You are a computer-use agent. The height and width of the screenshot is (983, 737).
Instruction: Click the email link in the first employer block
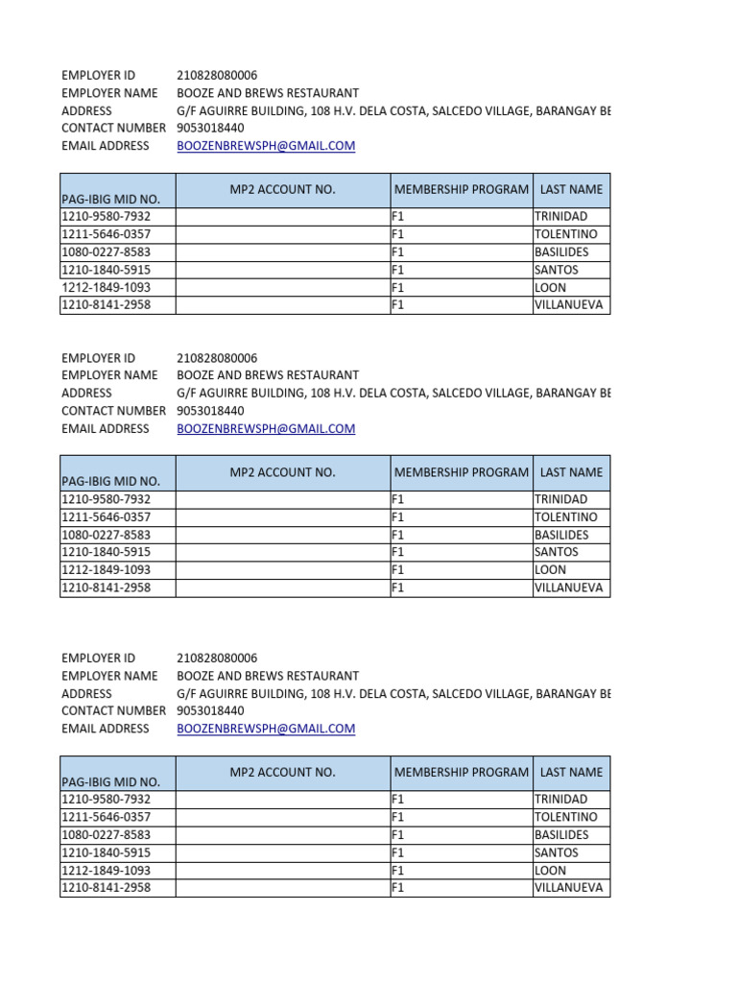[266, 146]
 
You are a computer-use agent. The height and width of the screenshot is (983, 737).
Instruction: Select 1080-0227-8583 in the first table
[107, 252]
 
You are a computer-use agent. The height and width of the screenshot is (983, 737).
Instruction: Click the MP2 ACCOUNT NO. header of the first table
[283, 190]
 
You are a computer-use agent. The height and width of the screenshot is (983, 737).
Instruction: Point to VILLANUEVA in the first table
[569, 305]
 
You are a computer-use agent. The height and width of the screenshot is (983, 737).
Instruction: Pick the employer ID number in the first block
[217, 76]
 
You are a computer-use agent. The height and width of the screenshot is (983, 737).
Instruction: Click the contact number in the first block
[210, 129]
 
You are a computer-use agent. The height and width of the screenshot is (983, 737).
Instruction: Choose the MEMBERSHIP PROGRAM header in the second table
[462, 472]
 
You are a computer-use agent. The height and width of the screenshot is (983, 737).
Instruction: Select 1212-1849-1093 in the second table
[107, 570]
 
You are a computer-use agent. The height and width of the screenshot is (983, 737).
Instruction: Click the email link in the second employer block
[266, 429]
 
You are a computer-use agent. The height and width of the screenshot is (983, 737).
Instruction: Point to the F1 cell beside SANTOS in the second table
[399, 553]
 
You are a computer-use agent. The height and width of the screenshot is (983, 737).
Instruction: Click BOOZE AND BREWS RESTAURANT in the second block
[268, 375]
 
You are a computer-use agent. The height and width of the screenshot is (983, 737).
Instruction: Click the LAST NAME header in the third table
[572, 772]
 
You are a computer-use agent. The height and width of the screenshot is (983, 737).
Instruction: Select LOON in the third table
[551, 871]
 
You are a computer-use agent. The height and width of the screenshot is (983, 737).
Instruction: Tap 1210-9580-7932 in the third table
[107, 800]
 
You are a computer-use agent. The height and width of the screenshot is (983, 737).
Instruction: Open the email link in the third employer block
[266, 729]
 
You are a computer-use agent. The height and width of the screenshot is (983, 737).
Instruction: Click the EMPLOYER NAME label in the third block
[109, 676]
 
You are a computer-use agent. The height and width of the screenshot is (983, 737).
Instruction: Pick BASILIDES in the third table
[561, 835]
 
